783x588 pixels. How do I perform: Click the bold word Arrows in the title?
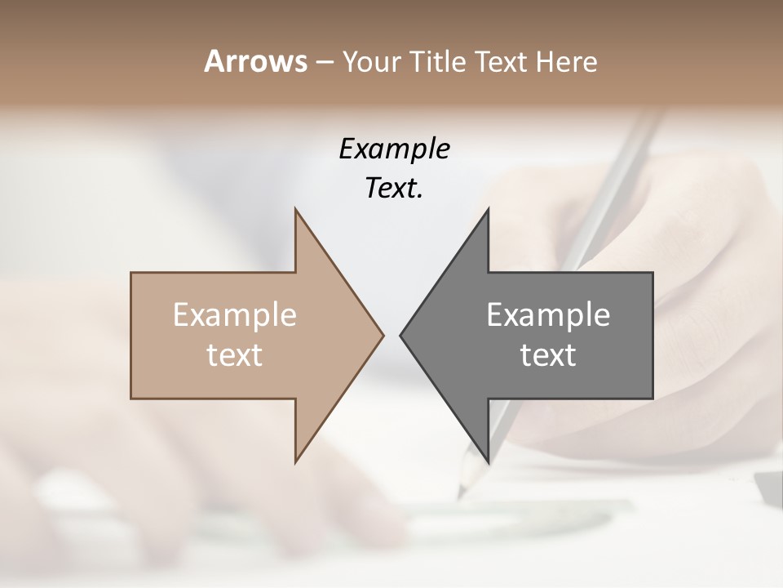click(255, 61)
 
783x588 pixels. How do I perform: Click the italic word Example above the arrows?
click(394, 149)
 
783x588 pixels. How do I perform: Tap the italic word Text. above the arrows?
click(394, 189)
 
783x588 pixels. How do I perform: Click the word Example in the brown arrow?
click(235, 315)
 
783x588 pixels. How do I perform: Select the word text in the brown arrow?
click(235, 355)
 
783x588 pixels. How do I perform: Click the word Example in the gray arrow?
click(548, 315)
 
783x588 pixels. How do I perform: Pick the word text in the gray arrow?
click(548, 355)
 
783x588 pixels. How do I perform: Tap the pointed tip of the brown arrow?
click(383, 335)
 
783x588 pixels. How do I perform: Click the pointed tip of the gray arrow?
click(400, 335)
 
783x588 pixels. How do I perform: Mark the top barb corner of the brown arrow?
click(295, 210)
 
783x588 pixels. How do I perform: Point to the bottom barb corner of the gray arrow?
click(488, 461)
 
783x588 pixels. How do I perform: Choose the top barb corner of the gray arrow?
click(488, 210)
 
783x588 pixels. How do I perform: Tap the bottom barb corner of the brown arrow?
click(295, 461)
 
